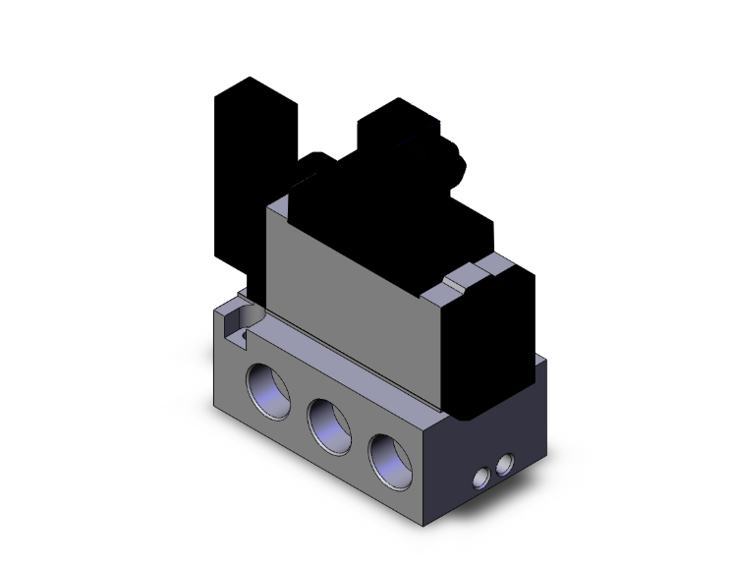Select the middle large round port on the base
click(x=329, y=420)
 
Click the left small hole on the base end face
click(x=481, y=479)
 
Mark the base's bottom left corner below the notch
click(x=216, y=401)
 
